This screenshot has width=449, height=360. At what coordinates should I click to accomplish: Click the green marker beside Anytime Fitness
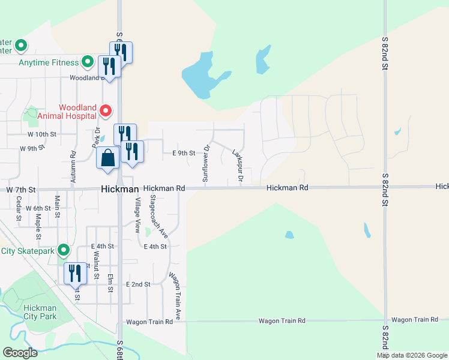[x=88, y=62]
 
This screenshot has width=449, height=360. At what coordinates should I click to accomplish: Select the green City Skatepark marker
[x=64, y=250]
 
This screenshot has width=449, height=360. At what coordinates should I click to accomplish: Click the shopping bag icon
[x=108, y=158]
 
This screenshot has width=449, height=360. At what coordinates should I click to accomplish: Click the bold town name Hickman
[x=116, y=189]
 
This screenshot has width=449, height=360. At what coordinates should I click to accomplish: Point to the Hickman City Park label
[x=40, y=312]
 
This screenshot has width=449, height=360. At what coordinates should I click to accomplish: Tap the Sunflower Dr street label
[x=205, y=163]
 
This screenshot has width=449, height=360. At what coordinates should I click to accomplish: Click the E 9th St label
[x=184, y=153]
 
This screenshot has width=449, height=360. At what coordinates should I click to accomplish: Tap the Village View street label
[x=137, y=215]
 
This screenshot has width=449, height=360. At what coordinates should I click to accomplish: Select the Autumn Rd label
[x=72, y=162]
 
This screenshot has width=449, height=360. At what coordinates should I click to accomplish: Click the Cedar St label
[x=19, y=208]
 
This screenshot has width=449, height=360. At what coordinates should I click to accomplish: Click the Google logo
[x=20, y=352]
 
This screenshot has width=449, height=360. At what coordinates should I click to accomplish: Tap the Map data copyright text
[x=412, y=355]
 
